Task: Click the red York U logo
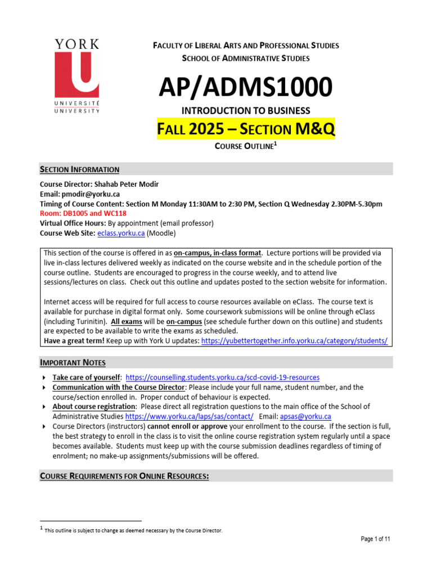[76, 76]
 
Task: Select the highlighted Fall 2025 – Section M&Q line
[245, 130]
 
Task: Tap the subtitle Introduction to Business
[245, 111]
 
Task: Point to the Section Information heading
[79, 169]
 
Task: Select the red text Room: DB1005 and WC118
[83, 213]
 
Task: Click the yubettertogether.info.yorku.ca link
[294, 341]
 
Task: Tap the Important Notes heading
[73, 362]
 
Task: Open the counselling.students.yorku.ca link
[223, 377]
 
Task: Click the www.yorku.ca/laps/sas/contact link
[189, 416]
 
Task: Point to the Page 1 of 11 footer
[375, 539]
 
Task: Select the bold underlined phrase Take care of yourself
[86, 377]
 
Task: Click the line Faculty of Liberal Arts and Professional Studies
[246, 46]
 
